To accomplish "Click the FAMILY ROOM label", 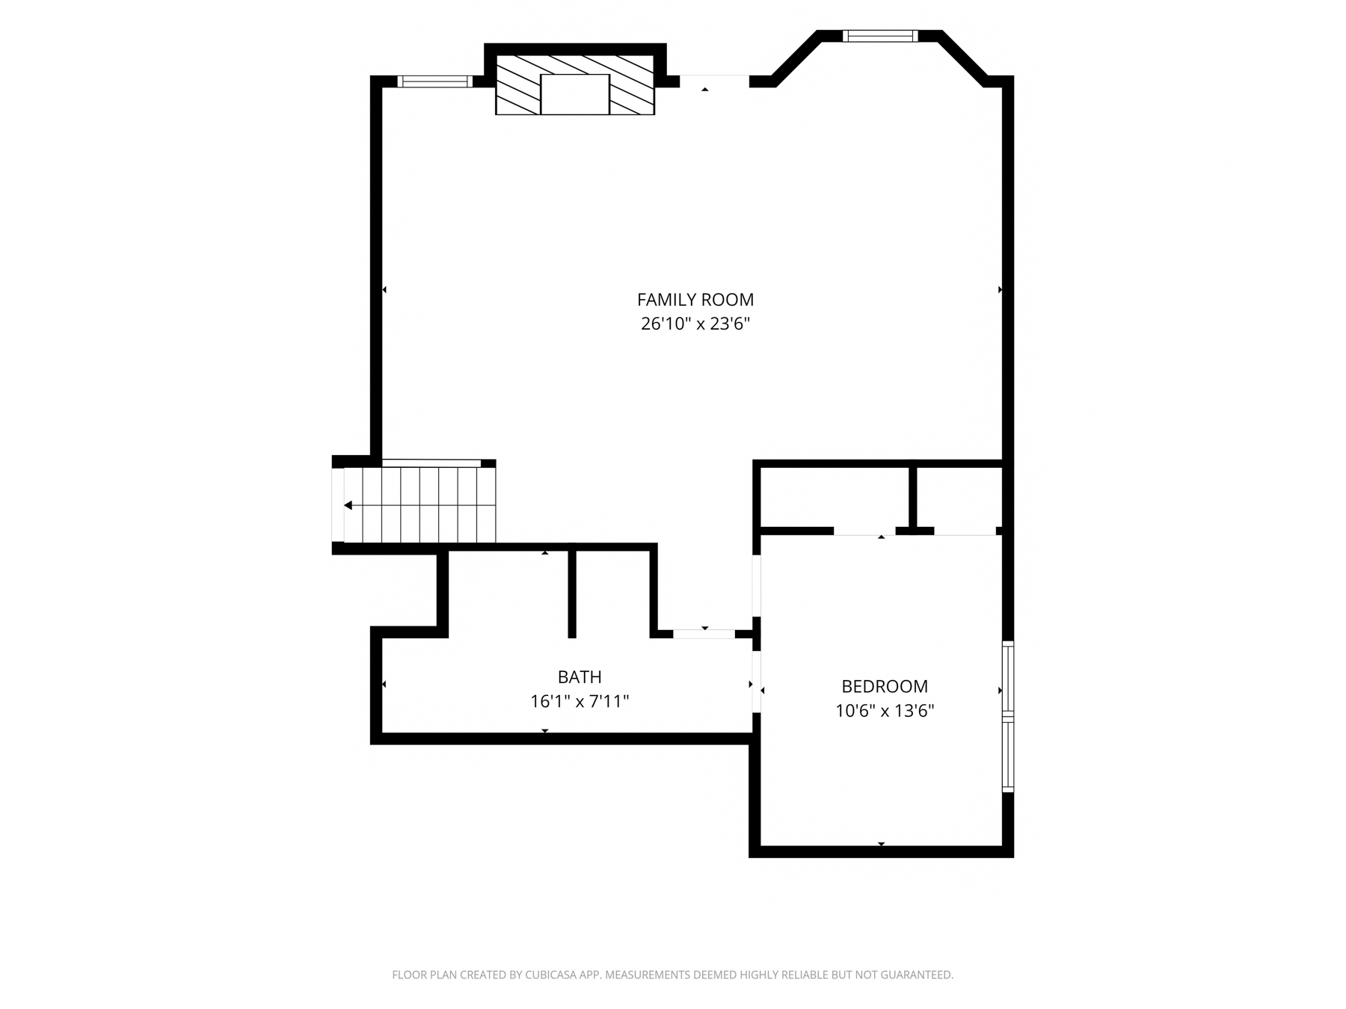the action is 695,300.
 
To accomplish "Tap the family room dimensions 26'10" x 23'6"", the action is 695,324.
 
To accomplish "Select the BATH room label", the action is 580,677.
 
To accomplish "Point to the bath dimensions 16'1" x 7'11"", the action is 580,701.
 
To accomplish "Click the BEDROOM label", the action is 885,686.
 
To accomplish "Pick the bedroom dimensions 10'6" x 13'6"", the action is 885,710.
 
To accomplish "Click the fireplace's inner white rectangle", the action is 575,94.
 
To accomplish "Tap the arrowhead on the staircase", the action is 348,505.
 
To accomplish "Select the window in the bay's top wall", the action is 880,36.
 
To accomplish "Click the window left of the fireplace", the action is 434,81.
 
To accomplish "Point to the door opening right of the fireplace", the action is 714,81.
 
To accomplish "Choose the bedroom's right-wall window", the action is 1008,716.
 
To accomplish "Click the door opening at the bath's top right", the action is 704,634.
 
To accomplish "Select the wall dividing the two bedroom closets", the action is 912,498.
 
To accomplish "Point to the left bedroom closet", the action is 834,497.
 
